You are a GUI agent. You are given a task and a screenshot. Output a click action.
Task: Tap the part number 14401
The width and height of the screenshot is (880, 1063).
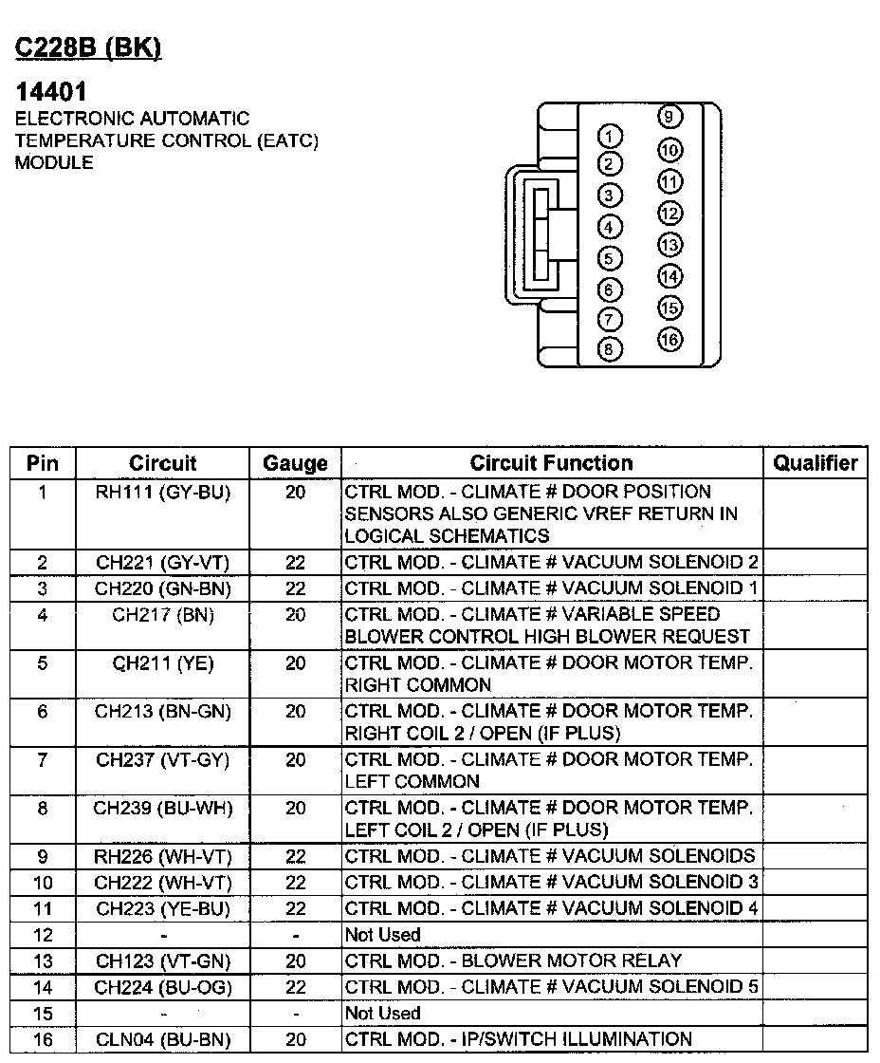click(52, 92)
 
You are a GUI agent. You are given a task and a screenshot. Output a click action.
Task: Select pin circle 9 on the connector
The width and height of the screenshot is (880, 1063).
click(669, 117)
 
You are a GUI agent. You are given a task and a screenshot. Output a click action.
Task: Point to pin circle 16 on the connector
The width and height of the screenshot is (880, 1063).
click(669, 339)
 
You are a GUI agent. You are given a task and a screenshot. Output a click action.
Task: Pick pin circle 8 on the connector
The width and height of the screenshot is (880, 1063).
click(611, 349)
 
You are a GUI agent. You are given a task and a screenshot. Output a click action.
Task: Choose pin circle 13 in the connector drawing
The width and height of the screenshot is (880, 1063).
click(669, 245)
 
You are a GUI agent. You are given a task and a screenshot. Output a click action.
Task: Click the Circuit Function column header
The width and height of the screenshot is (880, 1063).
click(551, 463)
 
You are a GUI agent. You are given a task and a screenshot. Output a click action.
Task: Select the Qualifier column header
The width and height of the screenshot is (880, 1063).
click(815, 463)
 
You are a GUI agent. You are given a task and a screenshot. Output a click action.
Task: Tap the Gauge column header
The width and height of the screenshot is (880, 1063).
click(295, 464)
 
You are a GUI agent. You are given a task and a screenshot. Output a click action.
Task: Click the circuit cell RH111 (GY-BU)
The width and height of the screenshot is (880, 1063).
click(163, 492)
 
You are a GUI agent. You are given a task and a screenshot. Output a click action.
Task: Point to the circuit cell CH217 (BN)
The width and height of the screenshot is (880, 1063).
click(163, 615)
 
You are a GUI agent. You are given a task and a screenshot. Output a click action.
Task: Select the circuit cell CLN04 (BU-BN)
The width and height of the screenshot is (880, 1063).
click(163, 1039)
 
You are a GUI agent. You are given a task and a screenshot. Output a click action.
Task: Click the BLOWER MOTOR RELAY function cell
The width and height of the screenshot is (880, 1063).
click(513, 960)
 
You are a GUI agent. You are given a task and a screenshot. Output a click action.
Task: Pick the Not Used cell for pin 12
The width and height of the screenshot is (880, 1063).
click(382, 935)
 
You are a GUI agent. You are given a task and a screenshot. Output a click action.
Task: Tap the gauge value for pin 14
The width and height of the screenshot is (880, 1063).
click(295, 987)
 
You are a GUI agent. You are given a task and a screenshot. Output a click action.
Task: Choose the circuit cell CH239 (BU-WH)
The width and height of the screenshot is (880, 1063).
click(163, 808)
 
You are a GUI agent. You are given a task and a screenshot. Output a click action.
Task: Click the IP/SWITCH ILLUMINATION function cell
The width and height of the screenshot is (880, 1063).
click(519, 1039)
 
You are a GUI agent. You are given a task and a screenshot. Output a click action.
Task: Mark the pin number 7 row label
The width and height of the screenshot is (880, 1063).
click(43, 759)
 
